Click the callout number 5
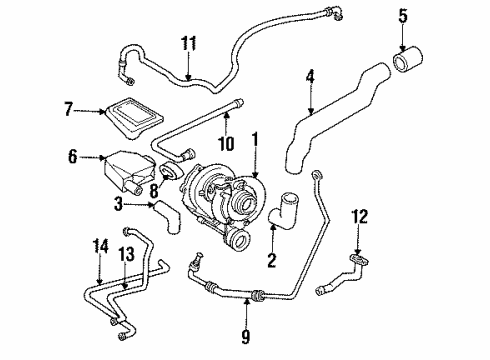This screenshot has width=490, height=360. (x=402, y=17)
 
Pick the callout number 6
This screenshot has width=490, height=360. (x=71, y=156)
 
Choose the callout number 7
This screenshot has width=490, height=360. (x=68, y=109)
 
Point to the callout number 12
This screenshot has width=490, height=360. (x=362, y=242)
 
